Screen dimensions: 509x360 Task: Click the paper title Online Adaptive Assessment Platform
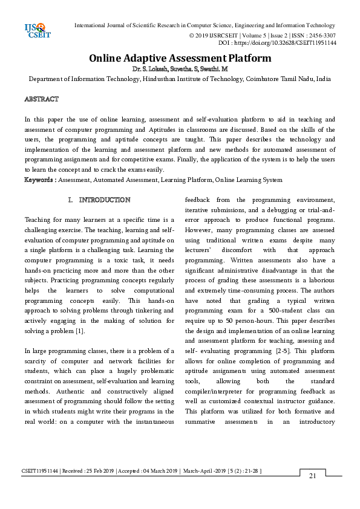[x=180, y=59]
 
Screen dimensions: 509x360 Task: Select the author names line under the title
[x=180, y=70]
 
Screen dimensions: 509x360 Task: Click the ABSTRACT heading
[x=41, y=99]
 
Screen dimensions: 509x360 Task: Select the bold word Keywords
[x=39, y=180]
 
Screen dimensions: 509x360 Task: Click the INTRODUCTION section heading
[x=104, y=199]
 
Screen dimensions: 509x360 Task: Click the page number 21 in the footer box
[x=312, y=476]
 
